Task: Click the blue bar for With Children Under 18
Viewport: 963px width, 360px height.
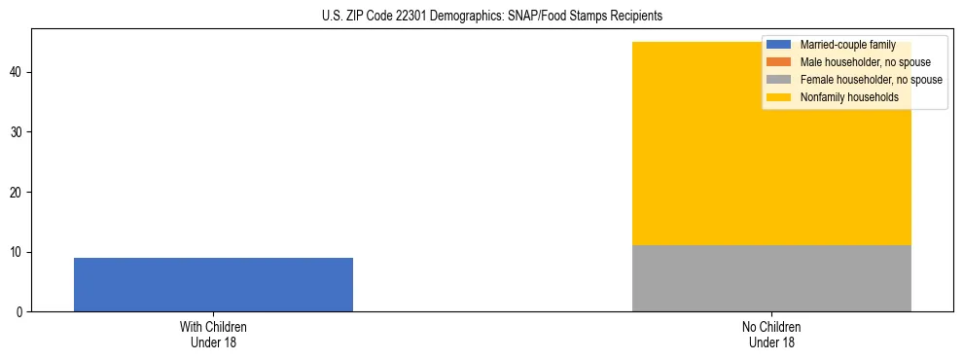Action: (x=213, y=284)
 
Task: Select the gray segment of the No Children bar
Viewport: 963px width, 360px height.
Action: (x=771, y=278)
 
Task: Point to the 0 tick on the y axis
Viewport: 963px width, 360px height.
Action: (x=20, y=312)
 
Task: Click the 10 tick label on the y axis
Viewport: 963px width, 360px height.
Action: (x=18, y=252)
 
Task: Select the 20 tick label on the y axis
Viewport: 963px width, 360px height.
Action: (x=18, y=192)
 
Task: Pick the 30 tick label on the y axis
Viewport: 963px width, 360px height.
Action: (x=18, y=132)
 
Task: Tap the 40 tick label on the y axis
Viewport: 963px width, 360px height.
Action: (x=18, y=72)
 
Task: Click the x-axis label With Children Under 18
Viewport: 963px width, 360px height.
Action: (x=213, y=334)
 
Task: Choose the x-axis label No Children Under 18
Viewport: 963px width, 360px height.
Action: (x=771, y=334)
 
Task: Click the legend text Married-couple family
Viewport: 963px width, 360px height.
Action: (x=847, y=45)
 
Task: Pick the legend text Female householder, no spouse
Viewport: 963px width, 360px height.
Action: (x=871, y=80)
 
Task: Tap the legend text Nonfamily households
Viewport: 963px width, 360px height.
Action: (x=848, y=97)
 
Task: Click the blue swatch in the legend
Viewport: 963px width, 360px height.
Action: (x=778, y=45)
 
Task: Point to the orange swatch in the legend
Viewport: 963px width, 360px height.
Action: (x=778, y=62)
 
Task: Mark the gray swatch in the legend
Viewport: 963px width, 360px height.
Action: (x=778, y=80)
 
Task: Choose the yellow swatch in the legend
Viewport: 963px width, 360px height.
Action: (x=778, y=97)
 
